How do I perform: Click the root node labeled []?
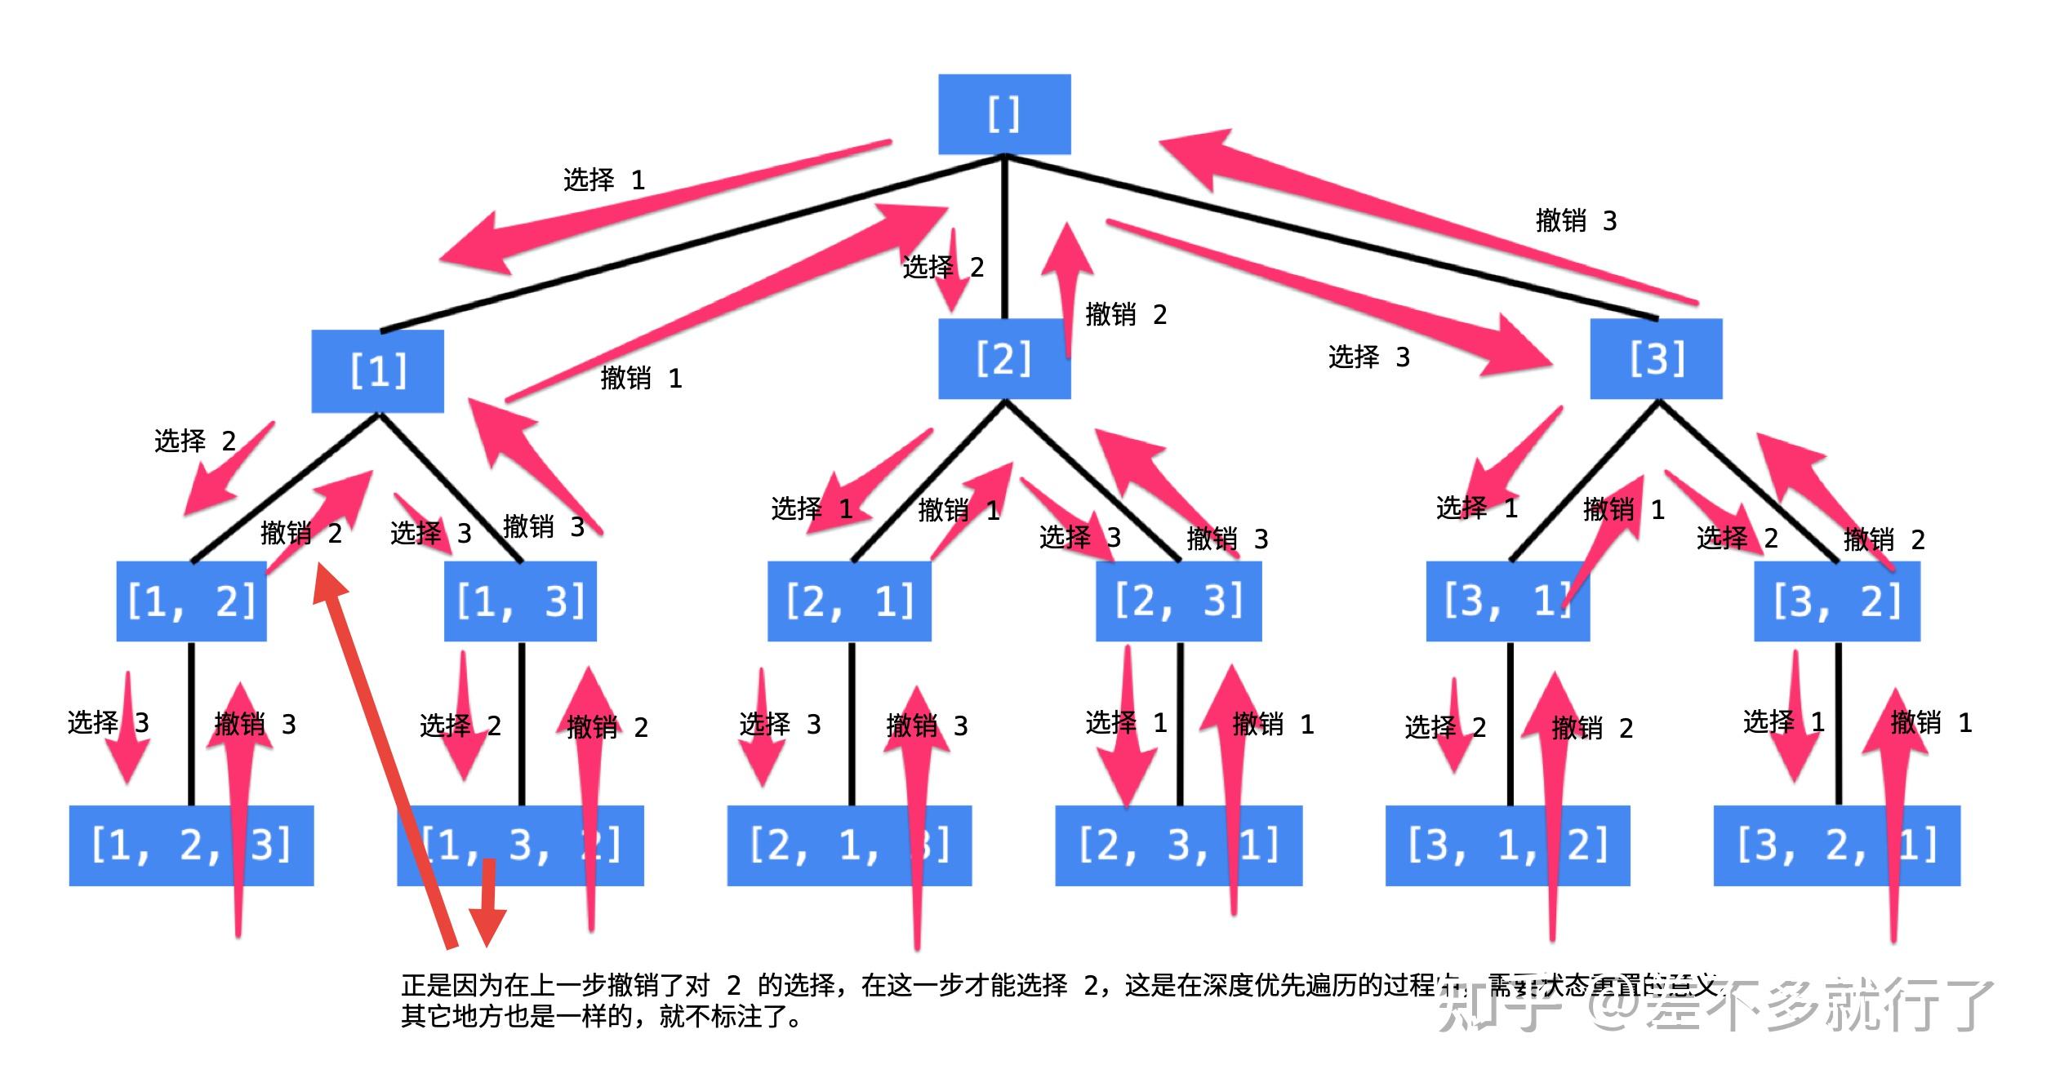[1003, 114]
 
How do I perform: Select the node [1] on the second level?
[377, 371]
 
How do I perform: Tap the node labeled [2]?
[1003, 359]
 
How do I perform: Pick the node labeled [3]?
[1656, 359]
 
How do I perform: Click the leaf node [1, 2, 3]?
[191, 845]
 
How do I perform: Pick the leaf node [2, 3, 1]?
[1178, 845]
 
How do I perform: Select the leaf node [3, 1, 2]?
[1507, 845]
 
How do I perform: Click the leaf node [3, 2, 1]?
[1836, 845]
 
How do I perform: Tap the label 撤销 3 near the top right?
[1576, 220]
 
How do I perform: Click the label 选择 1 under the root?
[604, 180]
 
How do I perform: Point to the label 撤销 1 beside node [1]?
[641, 378]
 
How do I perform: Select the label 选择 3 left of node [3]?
[1369, 357]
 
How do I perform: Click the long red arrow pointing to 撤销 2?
[384, 759]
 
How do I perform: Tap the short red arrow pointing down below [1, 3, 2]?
[488, 906]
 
